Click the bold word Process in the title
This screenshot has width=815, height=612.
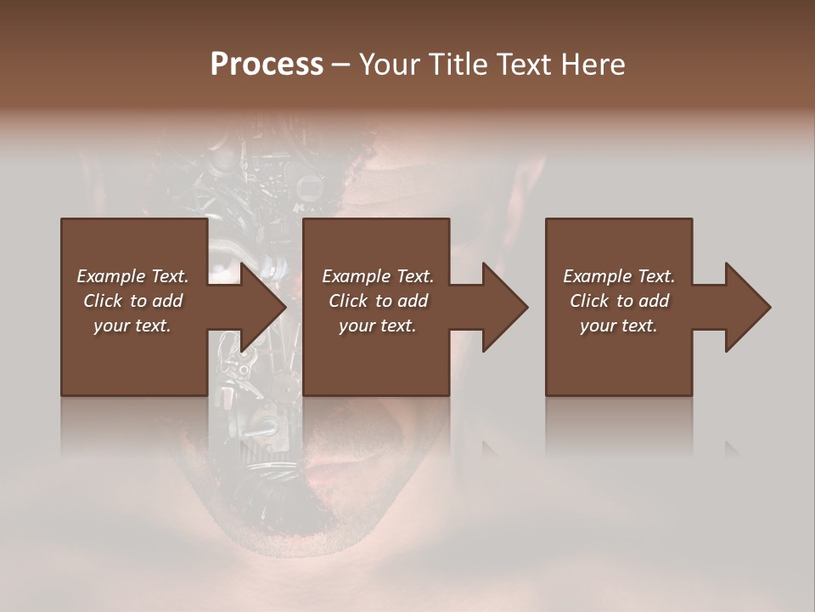point(267,65)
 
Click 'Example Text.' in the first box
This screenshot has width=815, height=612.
point(132,276)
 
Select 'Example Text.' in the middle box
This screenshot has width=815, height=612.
point(378,276)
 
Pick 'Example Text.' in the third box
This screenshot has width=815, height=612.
point(619,276)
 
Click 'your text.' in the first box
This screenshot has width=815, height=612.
point(132,326)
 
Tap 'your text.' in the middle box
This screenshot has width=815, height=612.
point(378,326)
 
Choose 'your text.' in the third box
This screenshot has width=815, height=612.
point(619,326)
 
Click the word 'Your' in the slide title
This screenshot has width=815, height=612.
point(387,65)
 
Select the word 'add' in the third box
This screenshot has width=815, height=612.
point(655,301)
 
